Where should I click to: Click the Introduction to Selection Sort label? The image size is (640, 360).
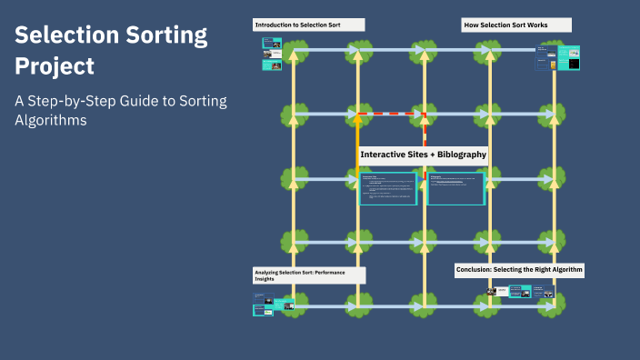(x=297, y=25)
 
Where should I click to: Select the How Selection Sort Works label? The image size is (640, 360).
(x=505, y=25)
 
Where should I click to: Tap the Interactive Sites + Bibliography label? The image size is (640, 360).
(x=424, y=155)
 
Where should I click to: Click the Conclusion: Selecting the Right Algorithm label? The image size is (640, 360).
(x=519, y=270)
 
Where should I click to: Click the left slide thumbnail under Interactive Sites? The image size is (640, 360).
(x=387, y=188)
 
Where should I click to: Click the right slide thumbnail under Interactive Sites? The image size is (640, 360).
(x=456, y=188)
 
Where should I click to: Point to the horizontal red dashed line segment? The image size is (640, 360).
(x=391, y=115)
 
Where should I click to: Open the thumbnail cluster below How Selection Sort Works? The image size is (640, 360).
(x=558, y=58)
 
